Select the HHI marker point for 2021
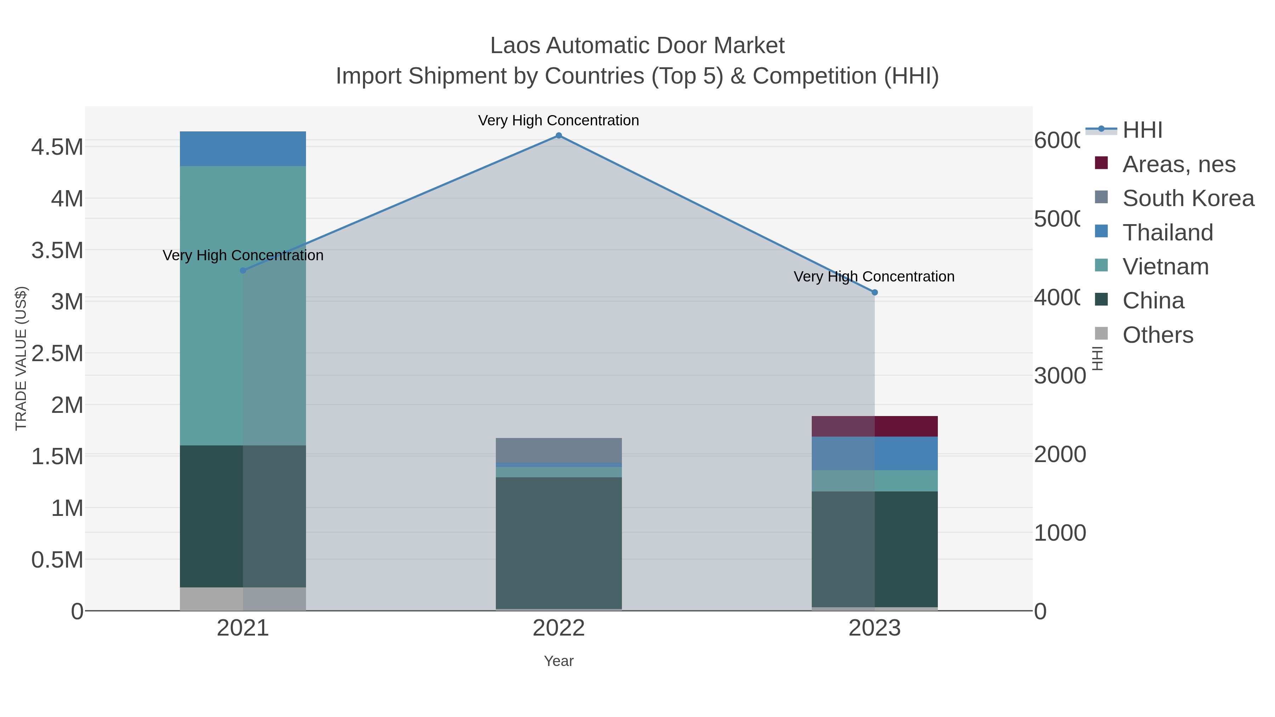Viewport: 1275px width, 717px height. click(243, 271)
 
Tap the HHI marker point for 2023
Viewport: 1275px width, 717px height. click(874, 292)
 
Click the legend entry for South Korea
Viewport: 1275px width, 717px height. click(1188, 198)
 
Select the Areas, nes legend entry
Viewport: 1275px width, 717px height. click(1178, 164)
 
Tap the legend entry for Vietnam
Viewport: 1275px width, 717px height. click(1165, 267)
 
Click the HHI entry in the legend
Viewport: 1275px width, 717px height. click(1142, 130)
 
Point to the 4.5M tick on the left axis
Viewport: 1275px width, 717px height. click(57, 147)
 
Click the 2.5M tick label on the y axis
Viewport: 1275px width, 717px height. click(57, 353)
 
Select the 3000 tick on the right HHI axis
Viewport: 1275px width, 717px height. click(1059, 376)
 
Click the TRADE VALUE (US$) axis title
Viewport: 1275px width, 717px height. click(21, 358)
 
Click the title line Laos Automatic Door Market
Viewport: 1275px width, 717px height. click(637, 46)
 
